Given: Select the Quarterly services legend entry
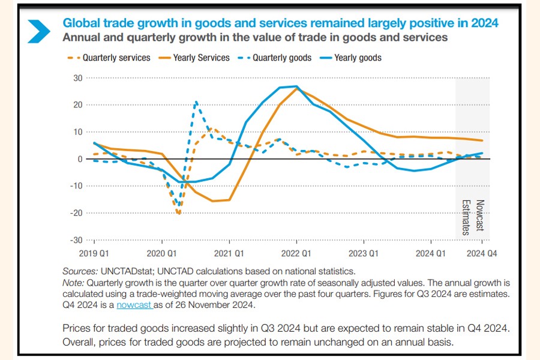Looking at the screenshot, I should (x=109, y=58).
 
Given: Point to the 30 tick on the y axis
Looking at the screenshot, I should (x=77, y=78).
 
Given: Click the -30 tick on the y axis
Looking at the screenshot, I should (x=76, y=240).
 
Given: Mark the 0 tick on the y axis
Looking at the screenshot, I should (x=80, y=159).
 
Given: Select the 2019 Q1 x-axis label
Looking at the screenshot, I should (x=94, y=254).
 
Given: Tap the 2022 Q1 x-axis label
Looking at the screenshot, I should (x=296, y=254).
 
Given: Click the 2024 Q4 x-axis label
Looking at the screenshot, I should (x=482, y=254).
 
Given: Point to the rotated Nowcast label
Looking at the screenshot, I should (x=480, y=217).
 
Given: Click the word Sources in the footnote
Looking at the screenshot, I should (x=79, y=271).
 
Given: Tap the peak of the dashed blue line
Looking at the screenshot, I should (x=196, y=103).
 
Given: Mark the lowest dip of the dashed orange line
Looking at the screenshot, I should (x=179, y=214).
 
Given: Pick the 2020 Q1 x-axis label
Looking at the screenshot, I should (x=161, y=254).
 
